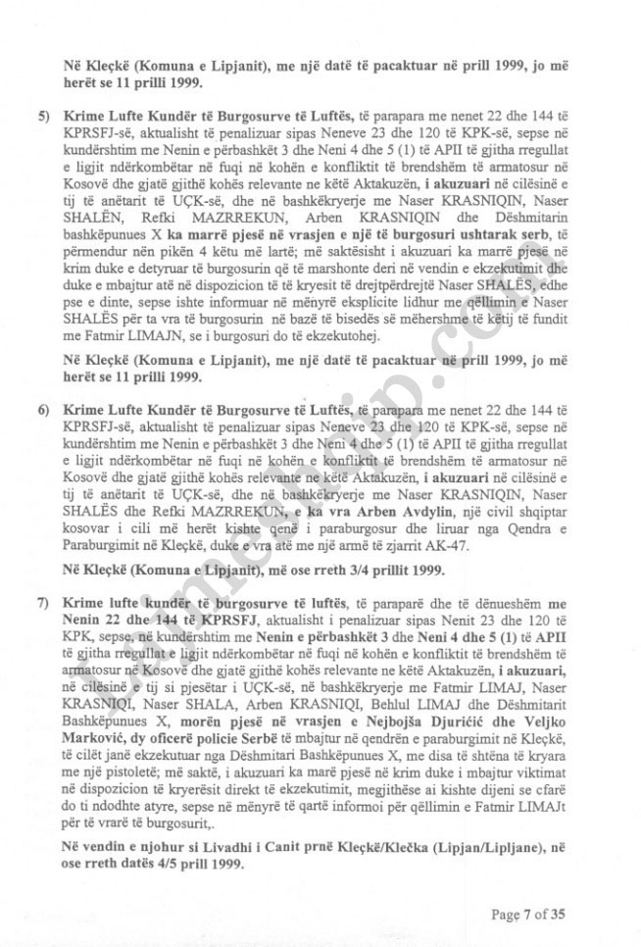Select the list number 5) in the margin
(44, 115)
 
